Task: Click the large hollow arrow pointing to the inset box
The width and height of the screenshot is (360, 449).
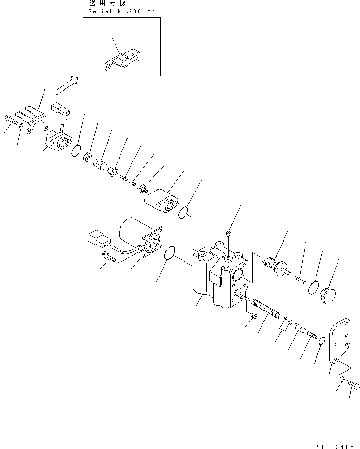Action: click(x=66, y=85)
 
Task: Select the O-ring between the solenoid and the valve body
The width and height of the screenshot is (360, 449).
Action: click(x=169, y=255)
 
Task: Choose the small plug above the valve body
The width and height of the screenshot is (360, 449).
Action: click(x=229, y=233)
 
